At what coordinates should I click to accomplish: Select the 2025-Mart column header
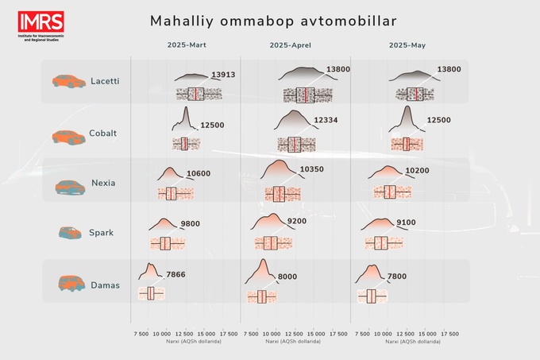click(187, 45)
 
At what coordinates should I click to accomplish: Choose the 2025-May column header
click(407, 45)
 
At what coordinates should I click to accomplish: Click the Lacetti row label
click(106, 81)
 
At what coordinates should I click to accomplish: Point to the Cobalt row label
click(103, 133)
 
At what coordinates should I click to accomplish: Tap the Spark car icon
click(70, 233)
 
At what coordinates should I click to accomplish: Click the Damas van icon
click(70, 283)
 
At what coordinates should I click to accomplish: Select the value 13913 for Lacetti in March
click(223, 75)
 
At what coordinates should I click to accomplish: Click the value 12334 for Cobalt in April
click(326, 120)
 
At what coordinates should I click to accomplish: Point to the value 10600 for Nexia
click(199, 174)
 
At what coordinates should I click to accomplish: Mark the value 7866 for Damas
click(177, 274)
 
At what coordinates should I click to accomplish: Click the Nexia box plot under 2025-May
click(389, 192)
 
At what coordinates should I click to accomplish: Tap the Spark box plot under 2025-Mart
click(166, 243)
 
